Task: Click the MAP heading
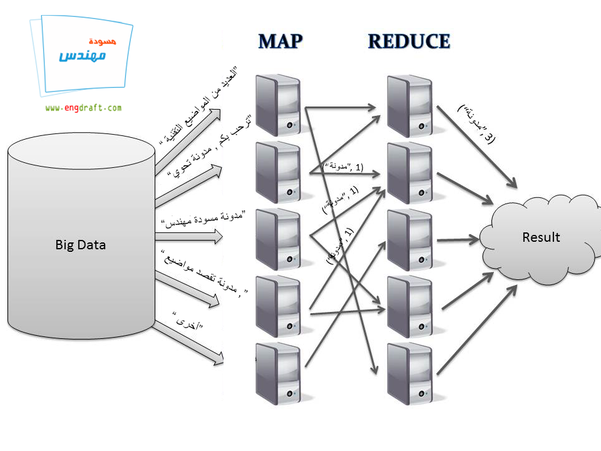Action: (x=280, y=41)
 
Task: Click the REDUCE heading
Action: (x=409, y=41)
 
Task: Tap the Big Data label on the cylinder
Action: (x=81, y=245)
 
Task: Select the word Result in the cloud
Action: (x=541, y=237)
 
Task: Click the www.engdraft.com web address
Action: (x=83, y=108)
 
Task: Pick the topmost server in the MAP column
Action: (x=279, y=105)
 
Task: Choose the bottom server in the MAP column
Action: (x=279, y=373)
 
